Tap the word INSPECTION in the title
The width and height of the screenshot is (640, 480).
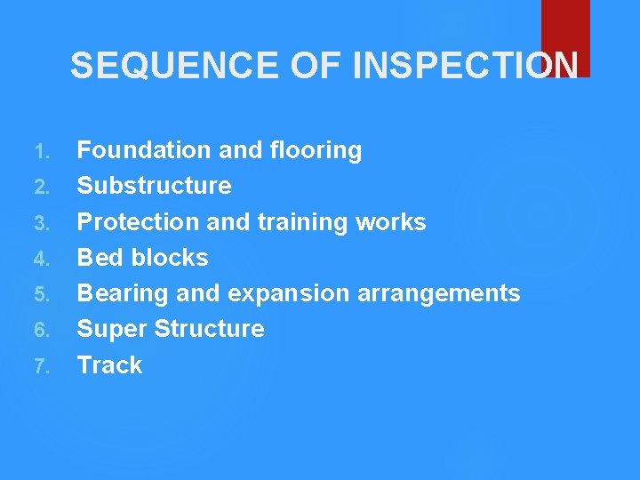tap(466, 65)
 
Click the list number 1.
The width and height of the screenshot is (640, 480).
tap(44, 151)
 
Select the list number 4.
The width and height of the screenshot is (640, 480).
tap(44, 259)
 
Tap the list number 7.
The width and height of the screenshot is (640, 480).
tap(44, 366)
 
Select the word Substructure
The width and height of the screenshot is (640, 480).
tap(155, 186)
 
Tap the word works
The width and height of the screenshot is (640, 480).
tap(395, 221)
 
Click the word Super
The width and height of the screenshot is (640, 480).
tap(112, 330)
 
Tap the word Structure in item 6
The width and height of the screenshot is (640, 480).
tap(210, 329)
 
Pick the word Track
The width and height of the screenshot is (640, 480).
tap(110, 365)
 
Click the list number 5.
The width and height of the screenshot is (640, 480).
tap(44, 294)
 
